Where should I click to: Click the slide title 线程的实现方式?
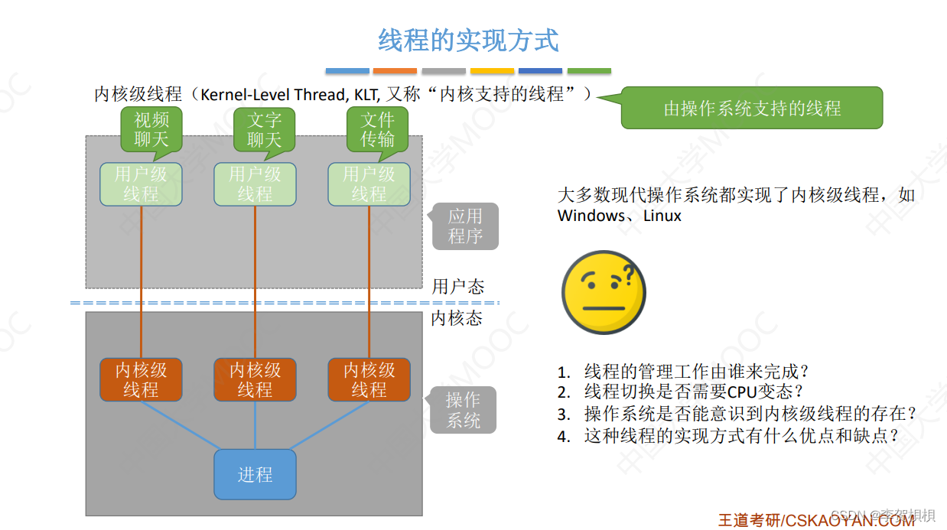point(468,40)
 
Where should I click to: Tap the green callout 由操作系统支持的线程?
point(751,108)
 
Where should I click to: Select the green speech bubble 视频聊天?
point(151,128)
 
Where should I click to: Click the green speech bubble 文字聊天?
point(264,128)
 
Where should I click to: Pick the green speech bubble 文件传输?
point(377,128)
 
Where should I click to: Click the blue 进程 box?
point(255,474)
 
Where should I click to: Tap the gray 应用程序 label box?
point(465,226)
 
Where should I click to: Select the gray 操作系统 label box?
point(463,410)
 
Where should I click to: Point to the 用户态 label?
point(457,287)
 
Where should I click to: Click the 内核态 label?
point(457,318)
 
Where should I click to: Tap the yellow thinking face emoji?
point(604,292)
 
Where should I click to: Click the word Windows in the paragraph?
point(591,216)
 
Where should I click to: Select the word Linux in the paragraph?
point(662,216)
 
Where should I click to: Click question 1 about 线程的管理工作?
point(695,372)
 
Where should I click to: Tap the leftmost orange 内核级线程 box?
point(141,380)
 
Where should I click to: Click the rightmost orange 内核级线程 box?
point(369,380)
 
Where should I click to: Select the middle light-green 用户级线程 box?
point(255,184)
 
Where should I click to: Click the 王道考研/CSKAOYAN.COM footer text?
point(815,520)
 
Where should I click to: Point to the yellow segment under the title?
point(492,71)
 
